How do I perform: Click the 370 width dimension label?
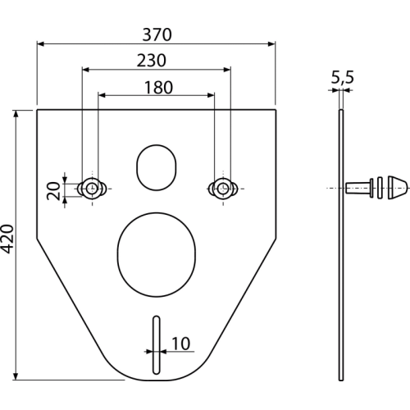point(157,34)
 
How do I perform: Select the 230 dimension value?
point(152,61)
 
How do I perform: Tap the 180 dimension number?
point(158,88)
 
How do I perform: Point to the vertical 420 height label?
point(7,239)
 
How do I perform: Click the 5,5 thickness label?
point(343,77)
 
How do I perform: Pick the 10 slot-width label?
point(180,344)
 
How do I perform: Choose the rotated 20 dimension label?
point(53,191)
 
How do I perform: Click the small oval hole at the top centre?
point(157,167)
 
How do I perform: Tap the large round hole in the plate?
point(157,254)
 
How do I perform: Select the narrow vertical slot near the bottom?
point(157,345)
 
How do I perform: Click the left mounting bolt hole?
point(92,189)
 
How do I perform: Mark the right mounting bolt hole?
point(223,189)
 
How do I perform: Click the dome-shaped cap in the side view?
point(399,188)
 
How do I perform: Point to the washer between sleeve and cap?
point(380,188)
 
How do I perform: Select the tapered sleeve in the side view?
point(359,188)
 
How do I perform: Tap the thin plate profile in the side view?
point(341,245)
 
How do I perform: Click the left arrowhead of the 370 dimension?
point(40,43)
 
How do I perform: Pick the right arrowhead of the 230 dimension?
point(227,70)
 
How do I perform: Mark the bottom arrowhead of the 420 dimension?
point(16,376)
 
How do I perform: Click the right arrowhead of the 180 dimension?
point(211,95)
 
